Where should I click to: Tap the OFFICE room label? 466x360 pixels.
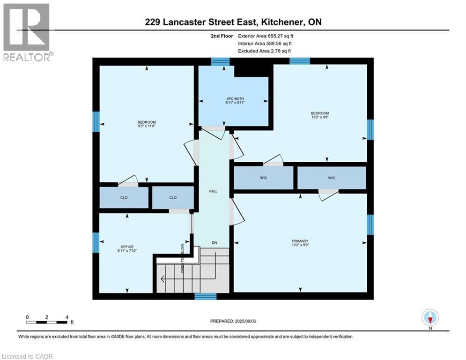coord(127,247)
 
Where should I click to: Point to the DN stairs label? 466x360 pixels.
coord(215,242)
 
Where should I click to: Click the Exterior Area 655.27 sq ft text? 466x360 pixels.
coord(266,36)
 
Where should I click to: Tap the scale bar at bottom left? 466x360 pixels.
coord(47,322)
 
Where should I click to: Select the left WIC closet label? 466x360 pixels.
coord(264,178)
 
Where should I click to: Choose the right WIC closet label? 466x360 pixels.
coord(332,178)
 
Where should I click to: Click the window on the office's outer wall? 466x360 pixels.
coord(96,242)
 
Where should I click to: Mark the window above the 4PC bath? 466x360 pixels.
coord(220,61)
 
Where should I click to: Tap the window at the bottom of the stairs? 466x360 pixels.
coord(206,296)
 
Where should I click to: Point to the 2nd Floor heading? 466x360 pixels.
coord(222,36)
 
